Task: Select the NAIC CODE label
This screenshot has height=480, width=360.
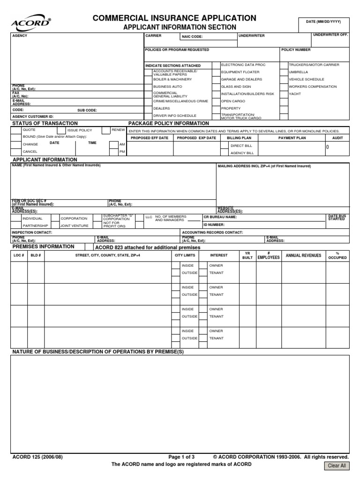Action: [x=192, y=36]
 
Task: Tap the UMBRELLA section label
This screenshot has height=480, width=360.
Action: [x=299, y=72]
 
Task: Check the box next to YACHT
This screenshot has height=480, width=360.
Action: [x=284, y=94]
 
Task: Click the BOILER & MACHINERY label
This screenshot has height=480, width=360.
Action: [x=172, y=79]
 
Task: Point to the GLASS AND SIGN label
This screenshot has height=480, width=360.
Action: [x=236, y=87]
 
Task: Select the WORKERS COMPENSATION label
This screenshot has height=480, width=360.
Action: [x=313, y=87]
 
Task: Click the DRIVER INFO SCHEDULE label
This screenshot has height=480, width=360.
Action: [x=175, y=115]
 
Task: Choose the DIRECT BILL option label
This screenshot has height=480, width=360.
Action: [x=241, y=146]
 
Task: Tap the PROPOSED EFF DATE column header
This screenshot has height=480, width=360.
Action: [x=149, y=138]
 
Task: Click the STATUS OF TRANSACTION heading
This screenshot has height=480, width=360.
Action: [x=45, y=123]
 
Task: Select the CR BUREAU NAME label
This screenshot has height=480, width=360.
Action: [x=220, y=217]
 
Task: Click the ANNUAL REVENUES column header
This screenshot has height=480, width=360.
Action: [x=303, y=255]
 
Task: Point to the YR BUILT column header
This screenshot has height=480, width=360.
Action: [x=247, y=255]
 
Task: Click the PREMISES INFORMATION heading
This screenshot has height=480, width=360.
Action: [x=43, y=247]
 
